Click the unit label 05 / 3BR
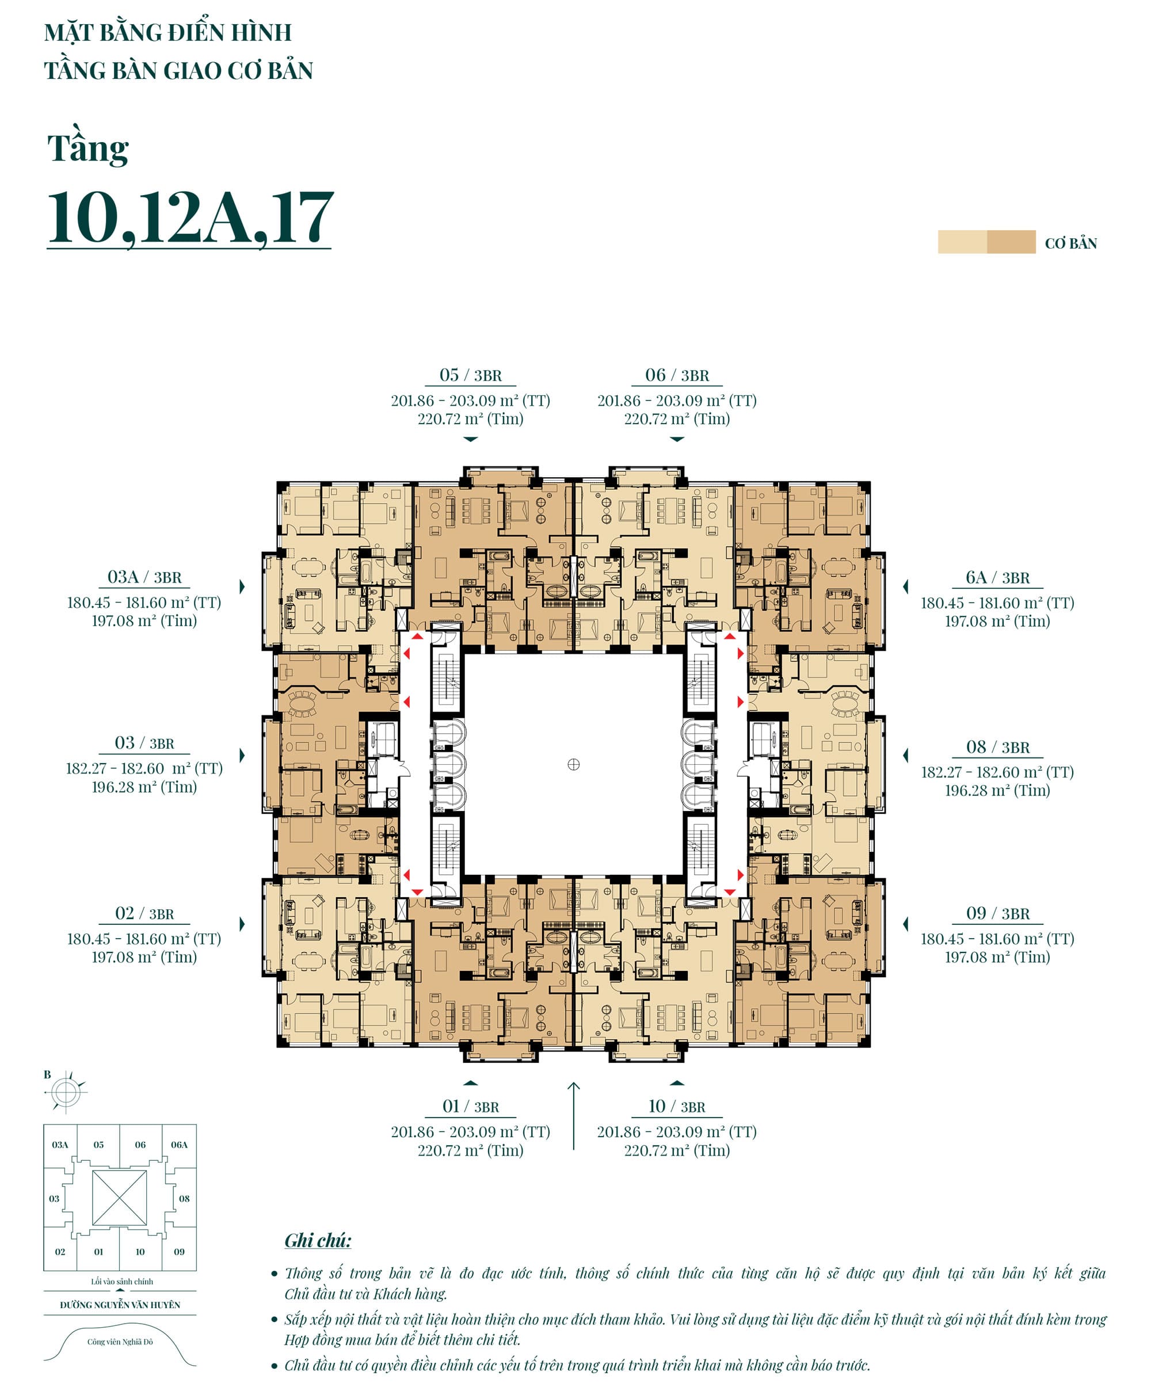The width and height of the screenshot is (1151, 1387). click(x=470, y=375)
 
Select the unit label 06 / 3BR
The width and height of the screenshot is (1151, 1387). click(x=677, y=375)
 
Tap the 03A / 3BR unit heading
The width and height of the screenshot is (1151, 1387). click(x=144, y=577)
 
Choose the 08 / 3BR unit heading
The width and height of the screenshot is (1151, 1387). click(x=997, y=747)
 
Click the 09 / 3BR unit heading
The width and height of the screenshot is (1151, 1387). click(x=997, y=913)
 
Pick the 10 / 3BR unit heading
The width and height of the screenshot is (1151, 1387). click(x=677, y=1106)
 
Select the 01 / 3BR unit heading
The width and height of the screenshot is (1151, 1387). click(x=470, y=1106)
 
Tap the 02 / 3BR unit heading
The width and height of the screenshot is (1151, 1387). click(x=144, y=913)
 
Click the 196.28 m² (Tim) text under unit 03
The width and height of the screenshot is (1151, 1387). click(x=144, y=787)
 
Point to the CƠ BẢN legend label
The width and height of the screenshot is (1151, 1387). click(x=1070, y=243)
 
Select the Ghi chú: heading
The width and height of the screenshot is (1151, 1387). click(x=318, y=1240)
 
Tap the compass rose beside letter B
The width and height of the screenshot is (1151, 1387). click(x=66, y=1092)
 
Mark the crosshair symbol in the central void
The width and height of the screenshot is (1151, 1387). click(x=573, y=764)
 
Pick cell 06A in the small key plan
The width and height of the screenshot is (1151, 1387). click(x=179, y=1145)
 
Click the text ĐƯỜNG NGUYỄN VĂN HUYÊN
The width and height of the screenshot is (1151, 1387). click(x=120, y=1305)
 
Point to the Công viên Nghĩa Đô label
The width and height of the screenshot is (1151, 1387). click(x=120, y=1342)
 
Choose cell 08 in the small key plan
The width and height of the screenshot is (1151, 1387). click(x=184, y=1198)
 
